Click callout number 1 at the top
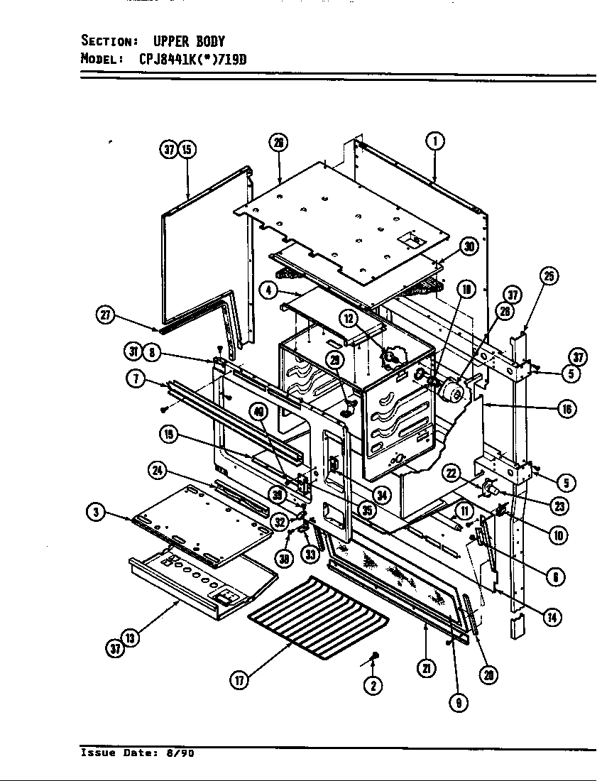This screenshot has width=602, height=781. point(436,142)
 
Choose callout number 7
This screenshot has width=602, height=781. point(135,378)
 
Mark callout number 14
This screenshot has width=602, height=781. point(550,617)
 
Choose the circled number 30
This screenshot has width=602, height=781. point(468,246)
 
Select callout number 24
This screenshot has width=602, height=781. point(158,469)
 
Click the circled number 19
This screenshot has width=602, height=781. point(168,435)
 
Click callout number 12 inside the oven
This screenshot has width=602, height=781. point(349,319)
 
